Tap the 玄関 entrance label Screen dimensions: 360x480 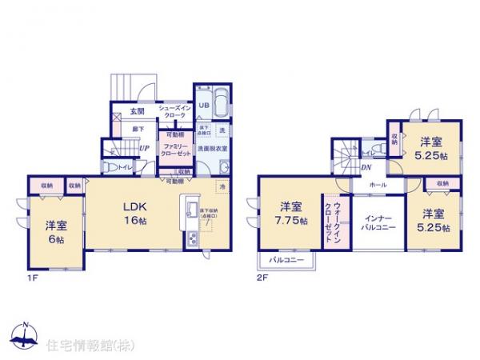(x=137, y=111)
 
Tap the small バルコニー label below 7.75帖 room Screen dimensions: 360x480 (x=286, y=261)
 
